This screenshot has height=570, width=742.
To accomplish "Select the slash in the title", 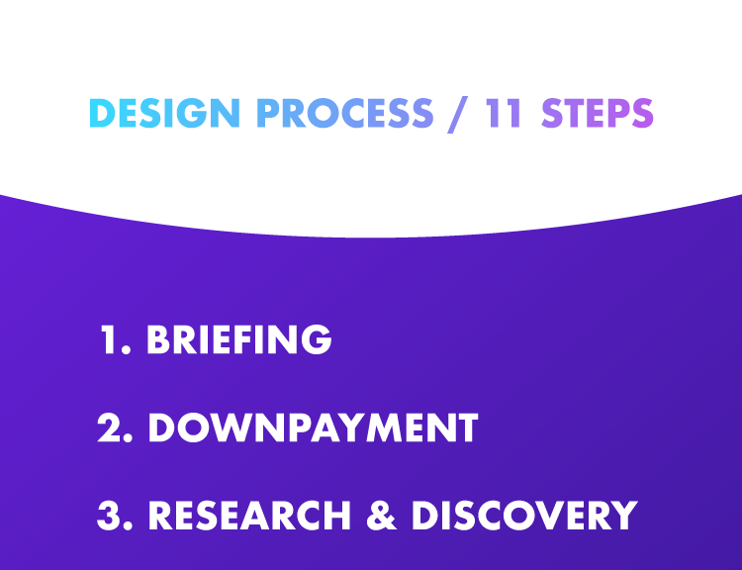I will pyautogui.click(x=457, y=114).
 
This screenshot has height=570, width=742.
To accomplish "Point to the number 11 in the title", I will pyautogui.click(x=505, y=114).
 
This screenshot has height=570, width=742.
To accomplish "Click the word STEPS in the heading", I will pyautogui.click(x=598, y=114).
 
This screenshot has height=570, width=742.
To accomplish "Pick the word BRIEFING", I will pyautogui.click(x=238, y=339).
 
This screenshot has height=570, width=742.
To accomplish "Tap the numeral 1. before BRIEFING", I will pyautogui.click(x=115, y=339).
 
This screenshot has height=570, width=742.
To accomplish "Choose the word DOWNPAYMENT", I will pyautogui.click(x=313, y=427).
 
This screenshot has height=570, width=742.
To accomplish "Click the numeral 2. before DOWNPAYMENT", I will pyautogui.click(x=116, y=427).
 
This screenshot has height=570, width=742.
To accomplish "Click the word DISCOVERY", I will pyautogui.click(x=523, y=516).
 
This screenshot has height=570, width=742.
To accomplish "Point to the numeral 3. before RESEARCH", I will pyautogui.click(x=116, y=516).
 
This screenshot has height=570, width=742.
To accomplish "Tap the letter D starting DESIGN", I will pyautogui.click(x=100, y=114).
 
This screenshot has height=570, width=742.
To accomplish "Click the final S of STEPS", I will pyautogui.click(x=642, y=114).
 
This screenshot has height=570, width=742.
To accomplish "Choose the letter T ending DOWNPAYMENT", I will pyautogui.click(x=468, y=427).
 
